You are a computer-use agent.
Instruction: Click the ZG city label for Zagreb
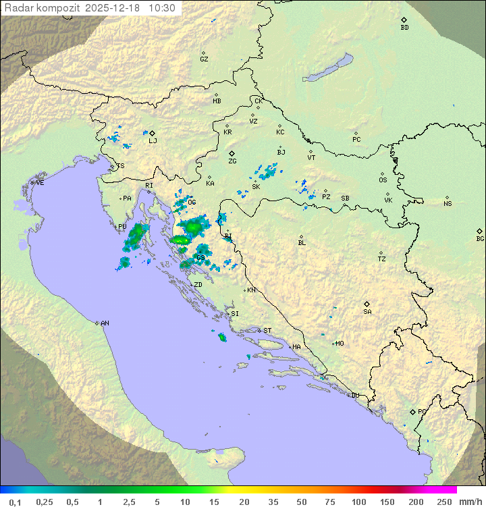[x=233, y=161]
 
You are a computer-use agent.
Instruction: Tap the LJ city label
[x=153, y=140]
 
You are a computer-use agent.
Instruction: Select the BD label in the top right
[x=404, y=28]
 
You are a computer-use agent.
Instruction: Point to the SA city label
[x=367, y=311]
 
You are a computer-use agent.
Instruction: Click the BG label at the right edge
[x=480, y=238]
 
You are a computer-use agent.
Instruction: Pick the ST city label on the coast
[x=267, y=331]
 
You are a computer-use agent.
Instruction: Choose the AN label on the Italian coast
[x=105, y=323]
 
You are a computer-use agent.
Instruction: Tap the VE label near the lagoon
[x=40, y=183]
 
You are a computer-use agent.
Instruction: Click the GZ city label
[x=204, y=59]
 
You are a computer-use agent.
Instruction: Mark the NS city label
[x=448, y=204]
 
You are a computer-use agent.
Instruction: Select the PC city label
[x=356, y=140]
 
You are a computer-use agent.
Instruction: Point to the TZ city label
[x=382, y=259]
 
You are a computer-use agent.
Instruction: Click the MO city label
[x=340, y=343]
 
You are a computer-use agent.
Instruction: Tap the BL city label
[x=302, y=242]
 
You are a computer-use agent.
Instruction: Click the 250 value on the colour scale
[x=444, y=502]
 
